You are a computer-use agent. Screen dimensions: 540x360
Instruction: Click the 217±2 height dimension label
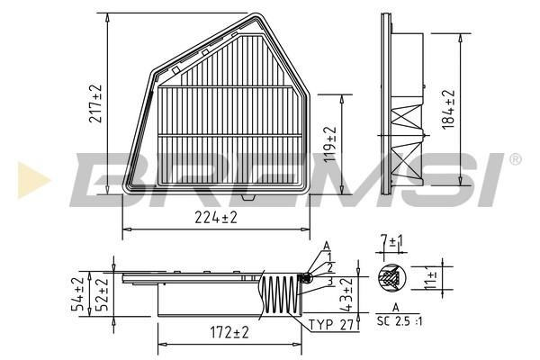point(95,103)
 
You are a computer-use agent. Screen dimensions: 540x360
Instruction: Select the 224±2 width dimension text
point(216,218)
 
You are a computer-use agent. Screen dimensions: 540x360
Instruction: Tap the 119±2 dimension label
point(329,144)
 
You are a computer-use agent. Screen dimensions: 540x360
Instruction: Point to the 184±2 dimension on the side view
point(448,110)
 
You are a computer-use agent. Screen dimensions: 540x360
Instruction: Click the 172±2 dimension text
point(229,333)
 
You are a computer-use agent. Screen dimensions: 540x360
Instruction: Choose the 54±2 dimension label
point(77,294)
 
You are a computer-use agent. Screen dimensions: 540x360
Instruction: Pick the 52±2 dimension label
point(102,294)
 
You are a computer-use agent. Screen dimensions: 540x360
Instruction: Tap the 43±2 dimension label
point(347,294)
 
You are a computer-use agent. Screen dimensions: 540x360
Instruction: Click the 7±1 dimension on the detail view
point(391,241)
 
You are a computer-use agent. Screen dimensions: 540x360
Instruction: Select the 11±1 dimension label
point(430,278)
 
